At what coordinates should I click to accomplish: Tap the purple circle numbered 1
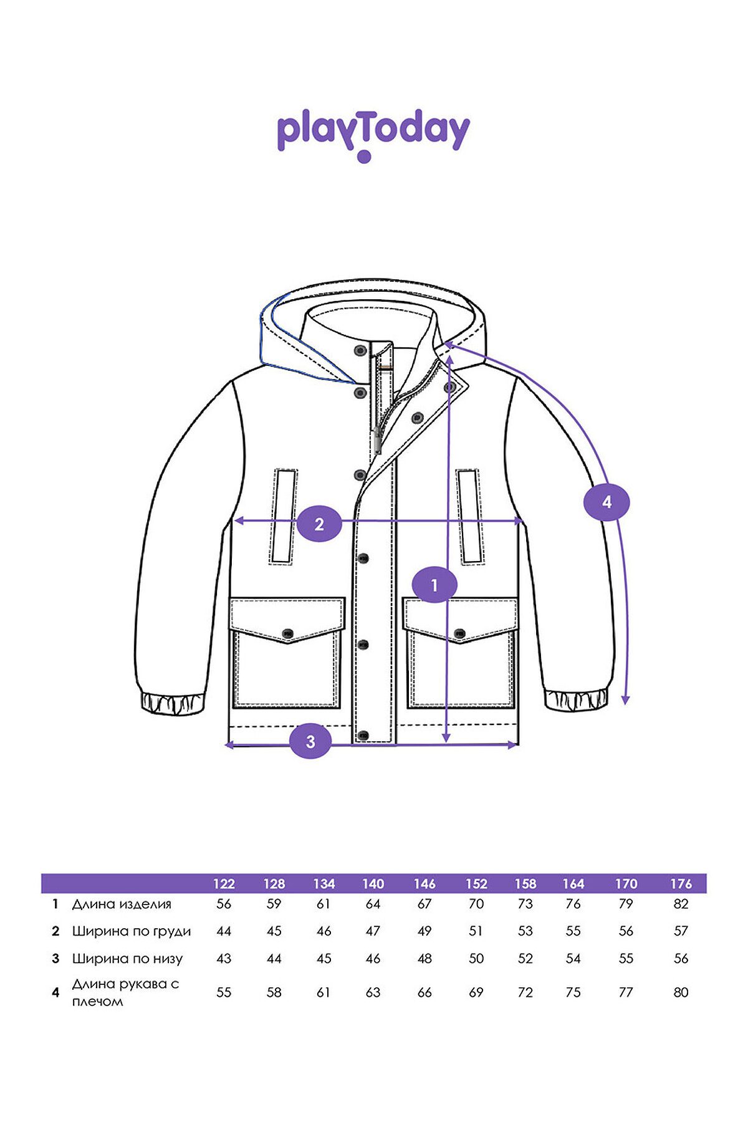(x=434, y=585)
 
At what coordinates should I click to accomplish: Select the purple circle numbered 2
(x=319, y=524)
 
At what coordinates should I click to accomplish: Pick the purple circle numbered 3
(x=310, y=741)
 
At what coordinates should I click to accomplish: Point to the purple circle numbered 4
(x=607, y=502)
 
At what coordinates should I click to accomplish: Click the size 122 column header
(x=224, y=883)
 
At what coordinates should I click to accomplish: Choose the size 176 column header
(x=681, y=883)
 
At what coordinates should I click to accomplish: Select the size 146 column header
(x=424, y=883)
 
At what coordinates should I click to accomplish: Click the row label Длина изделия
(x=122, y=904)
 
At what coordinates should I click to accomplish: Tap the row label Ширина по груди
(x=132, y=931)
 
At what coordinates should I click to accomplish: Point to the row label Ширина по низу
(x=127, y=959)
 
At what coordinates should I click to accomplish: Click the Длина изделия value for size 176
(x=681, y=904)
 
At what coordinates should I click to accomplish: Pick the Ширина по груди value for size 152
(x=476, y=931)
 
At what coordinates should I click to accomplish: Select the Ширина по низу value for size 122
(x=224, y=958)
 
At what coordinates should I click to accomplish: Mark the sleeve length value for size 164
(x=573, y=992)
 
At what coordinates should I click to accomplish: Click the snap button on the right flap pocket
(x=460, y=634)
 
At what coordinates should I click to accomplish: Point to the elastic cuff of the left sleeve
(x=173, y=702)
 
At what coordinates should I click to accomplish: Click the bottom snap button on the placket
(x=365, y=736)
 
